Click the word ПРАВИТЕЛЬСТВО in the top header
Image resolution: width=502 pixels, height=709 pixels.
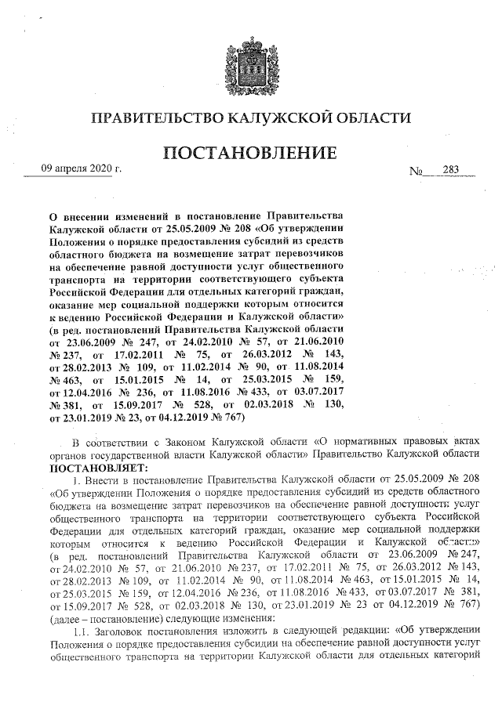[x=155, y=118]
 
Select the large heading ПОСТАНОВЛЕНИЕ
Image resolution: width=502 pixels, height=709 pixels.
[x=250, y=154]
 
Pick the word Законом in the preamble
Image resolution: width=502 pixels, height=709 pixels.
[x=186, y=442]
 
